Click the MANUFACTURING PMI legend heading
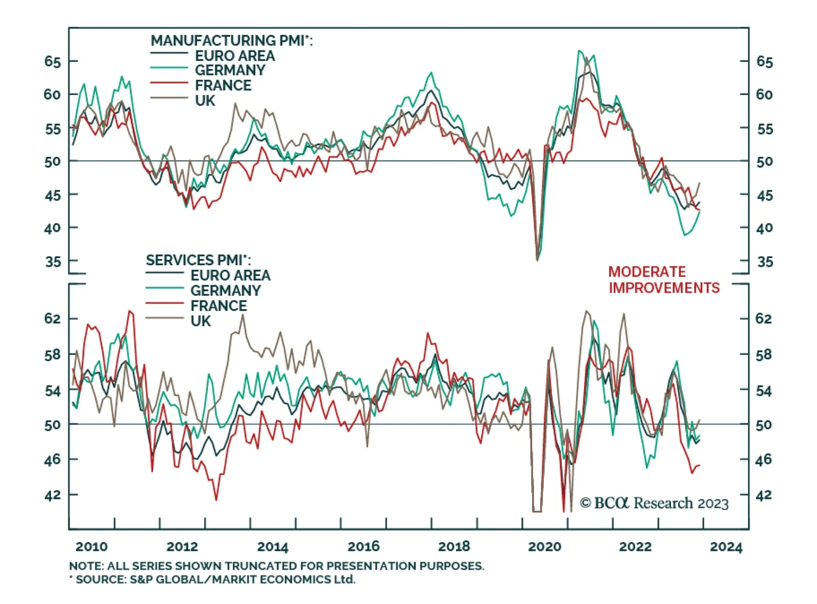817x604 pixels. pos(231,40)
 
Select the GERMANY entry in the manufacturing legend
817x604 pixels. pos(230,71)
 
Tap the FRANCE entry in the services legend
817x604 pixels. pos(219,306)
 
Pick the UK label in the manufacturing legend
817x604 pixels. pos(205,101)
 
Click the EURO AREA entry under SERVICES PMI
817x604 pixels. pos(230,275)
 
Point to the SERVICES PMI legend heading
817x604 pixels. pos(198,260)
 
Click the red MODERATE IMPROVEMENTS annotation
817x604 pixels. pos(663,280)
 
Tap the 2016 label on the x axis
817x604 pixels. pos(363,547)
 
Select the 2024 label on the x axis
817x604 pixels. pos(726,547)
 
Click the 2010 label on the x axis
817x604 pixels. pos(91,547)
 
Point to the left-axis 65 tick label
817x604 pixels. pos(53,62)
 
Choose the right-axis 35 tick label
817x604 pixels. pos(764,262)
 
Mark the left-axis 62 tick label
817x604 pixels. pos(53,318)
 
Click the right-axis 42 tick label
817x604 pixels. pos(763,495)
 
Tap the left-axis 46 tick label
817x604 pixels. pos(53,459)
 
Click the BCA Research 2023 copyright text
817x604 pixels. pos(654,503)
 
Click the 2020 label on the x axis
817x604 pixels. pos(544,547)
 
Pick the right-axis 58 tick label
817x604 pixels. pos(763,354)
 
